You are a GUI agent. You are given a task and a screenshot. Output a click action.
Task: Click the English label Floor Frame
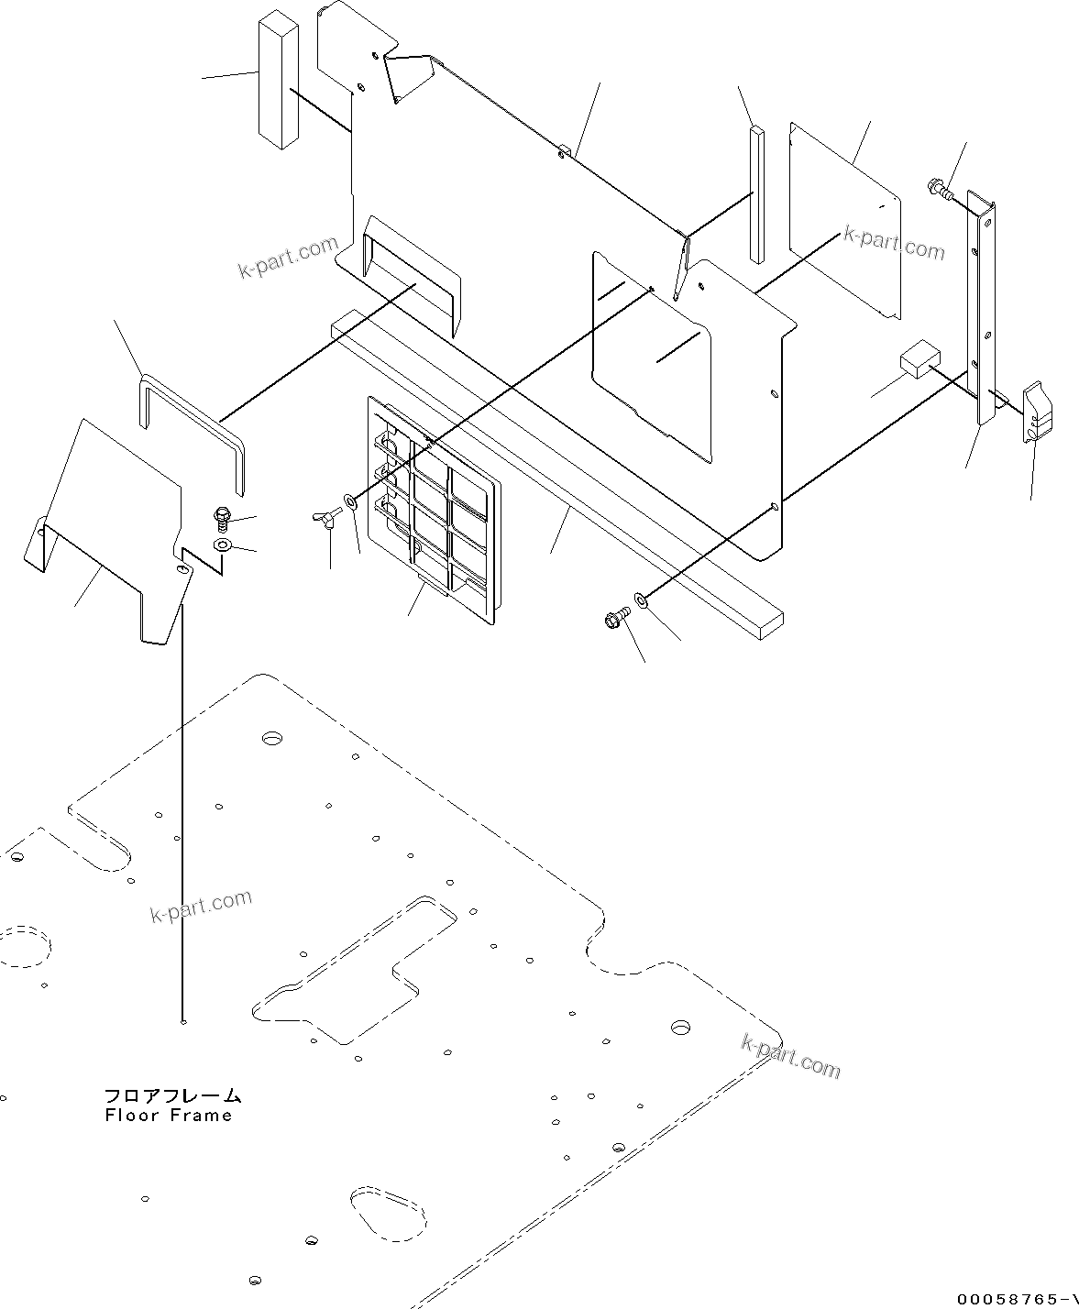coord(168,1116)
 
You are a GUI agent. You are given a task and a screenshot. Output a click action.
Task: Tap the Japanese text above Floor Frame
coord(171,1095)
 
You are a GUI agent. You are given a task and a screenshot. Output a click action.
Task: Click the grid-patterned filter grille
coord(434,512)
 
